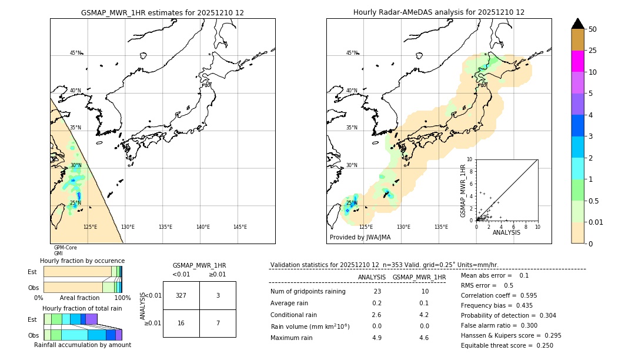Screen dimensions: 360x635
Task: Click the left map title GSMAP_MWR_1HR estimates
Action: tap(162, 12)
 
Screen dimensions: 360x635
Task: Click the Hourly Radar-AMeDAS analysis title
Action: tap(439, 12)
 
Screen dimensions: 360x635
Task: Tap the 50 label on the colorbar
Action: tap(593, 29)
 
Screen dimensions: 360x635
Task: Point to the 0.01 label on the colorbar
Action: tap(596, 222)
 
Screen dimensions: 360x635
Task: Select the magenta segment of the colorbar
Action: tap(578, 61)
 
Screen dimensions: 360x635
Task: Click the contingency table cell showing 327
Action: tap(181, 295)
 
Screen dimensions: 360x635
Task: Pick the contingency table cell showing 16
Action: tap(181, 324)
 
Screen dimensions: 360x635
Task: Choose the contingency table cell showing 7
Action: tap(218, 324)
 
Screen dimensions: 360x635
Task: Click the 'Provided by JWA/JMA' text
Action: tap(360, 238)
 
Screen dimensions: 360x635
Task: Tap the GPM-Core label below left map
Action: tap(65, 248)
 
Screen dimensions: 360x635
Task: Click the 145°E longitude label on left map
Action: tap(240, 227)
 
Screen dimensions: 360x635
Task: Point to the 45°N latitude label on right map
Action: tap(352, 53)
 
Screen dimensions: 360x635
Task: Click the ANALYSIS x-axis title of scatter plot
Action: tap(506, 232)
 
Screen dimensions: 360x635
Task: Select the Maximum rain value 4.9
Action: tap(377, 338)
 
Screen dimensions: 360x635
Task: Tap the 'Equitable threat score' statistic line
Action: tap(507, 345)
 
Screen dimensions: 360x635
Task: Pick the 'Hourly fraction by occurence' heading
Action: tap(82, 261)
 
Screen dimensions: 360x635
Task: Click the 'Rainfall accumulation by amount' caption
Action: tap(82, 345)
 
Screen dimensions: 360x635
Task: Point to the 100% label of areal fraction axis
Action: tap(122, 298)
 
